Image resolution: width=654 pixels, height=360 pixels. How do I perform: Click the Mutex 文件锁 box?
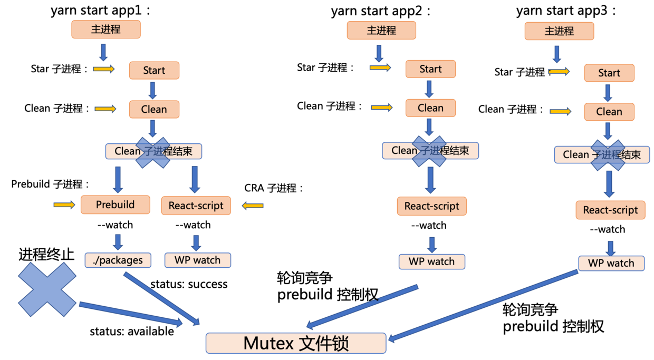pyautogui.click(x=296, y=343)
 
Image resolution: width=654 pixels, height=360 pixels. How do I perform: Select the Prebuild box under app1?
pyautogui.click(x=115, y=205)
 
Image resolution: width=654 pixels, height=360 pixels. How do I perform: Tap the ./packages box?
pyautogui.click(x=118, y=260)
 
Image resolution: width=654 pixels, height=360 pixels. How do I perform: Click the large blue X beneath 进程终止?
pyautogui.click(x=47, y=289)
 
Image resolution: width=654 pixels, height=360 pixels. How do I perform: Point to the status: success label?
pyautogui.click(x=189, y=284)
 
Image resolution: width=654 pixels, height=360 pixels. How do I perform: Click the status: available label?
pyautogui.click(x=131, y=332)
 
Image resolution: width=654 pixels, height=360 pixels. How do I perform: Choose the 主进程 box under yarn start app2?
pyautogui.click(x=381, y=30)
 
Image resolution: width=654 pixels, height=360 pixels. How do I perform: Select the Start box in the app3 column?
pyautogui.click(x=609, y=73)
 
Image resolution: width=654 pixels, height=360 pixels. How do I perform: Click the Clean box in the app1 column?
pyautogui.click(x=154, y=110)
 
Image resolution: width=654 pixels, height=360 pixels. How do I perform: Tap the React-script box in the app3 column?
pyautogui.click(x=610, y=210)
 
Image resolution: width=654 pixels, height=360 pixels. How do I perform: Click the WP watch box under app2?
pyautogui.click(x=431, y=261)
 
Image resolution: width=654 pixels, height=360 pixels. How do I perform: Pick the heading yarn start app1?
pyautogui.click(x=101, y=11)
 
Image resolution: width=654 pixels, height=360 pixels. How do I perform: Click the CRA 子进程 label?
pyautogui.click(x=274, y=188)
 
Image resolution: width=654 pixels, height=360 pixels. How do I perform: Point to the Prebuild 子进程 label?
pyautogui.click(x=50, y=184)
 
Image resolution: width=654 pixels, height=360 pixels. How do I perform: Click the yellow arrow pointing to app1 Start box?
pyautogui.click(x=104, y=69)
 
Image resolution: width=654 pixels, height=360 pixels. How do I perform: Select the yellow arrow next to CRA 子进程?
pyautogui.click(x=253, y=206)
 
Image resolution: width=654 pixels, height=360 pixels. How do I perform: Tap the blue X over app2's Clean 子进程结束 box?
pyautogui.click(x=429, y=151)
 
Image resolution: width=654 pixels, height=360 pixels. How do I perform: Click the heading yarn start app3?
pyautogui.click(x=566, y=11)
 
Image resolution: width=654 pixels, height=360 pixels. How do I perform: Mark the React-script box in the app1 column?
pyautogui.click(x=196, y=206)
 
